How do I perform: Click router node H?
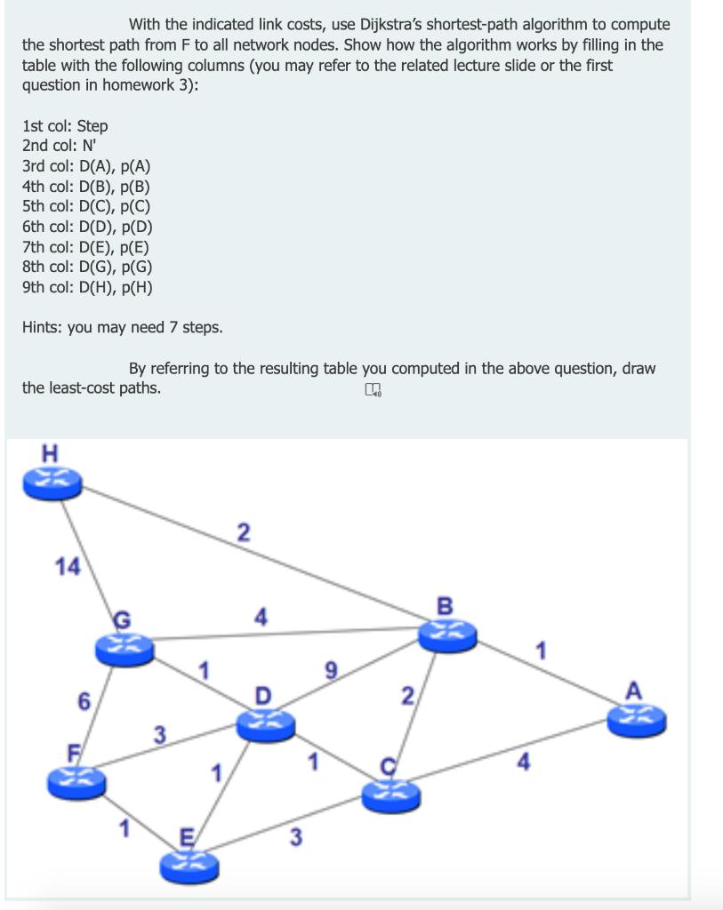pos(52,483)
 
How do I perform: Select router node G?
pos(125,646)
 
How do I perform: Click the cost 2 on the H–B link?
pos(243,532)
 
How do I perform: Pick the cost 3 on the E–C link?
pos(296,836)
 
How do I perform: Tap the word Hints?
pos(44,327)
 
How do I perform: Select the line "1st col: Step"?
pos(65,126)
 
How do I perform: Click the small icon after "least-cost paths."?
pos(373,388)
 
